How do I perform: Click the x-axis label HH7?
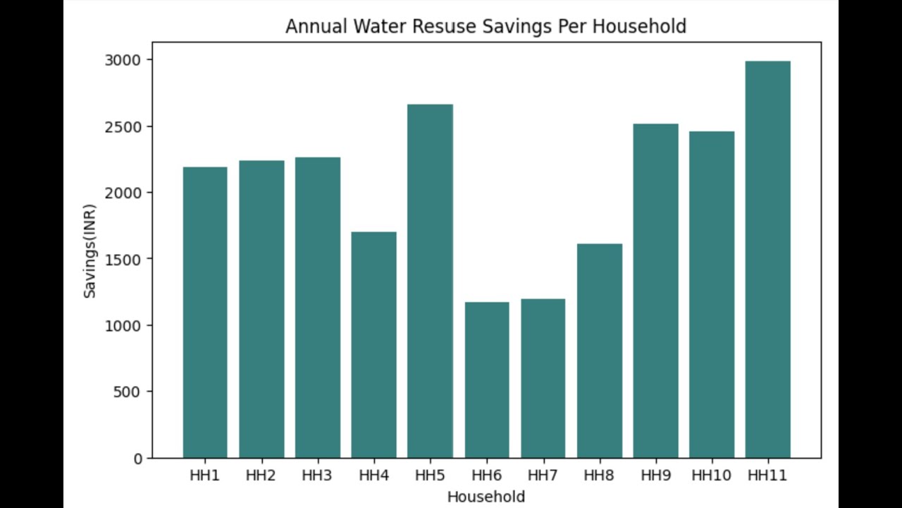click(x=543, y=476)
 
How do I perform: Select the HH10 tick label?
click(x=711, y=476)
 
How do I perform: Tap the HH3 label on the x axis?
click(x=317, y=476)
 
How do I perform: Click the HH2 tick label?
click(x=261, y=476)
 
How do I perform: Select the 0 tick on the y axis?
click(x=137, y=459)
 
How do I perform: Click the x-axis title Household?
click(x=486, y=497)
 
